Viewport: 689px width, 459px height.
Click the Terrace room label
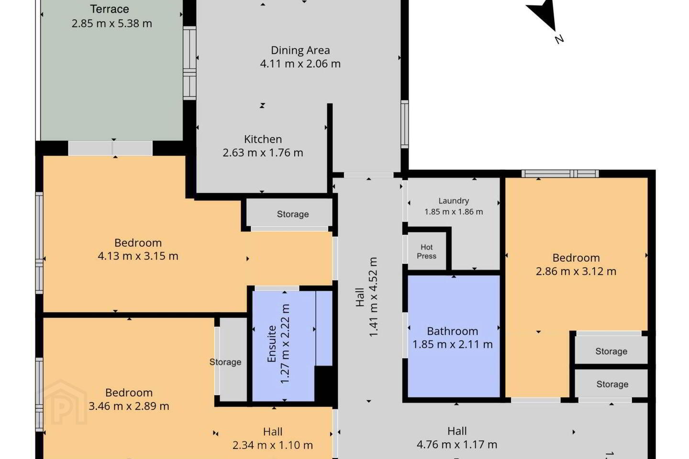[110, 9]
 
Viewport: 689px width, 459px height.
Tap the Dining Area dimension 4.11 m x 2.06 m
[300, 64]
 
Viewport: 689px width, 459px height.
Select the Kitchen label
[263, 139]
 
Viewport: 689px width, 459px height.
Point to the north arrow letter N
[559, 39]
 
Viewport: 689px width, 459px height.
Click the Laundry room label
[454, 201]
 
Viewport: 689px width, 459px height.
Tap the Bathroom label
[453, 331]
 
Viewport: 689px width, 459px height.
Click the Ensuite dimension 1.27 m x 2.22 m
[285, 344]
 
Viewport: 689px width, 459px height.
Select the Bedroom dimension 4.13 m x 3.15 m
[138, 256]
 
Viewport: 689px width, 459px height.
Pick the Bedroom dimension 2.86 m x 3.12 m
[576, 271]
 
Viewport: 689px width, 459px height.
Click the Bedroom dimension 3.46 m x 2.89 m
[129, 406]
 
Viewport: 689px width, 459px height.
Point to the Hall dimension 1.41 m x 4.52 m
[373, 297]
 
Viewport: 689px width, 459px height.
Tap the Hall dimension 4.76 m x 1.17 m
[457, 445]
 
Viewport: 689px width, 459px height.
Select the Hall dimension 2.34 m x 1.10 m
[273, 445]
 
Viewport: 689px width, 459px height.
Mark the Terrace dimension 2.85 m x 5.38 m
[111, 23]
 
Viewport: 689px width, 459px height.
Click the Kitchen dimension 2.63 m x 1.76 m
[263, 153]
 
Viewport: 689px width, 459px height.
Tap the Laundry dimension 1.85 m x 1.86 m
[454, 212]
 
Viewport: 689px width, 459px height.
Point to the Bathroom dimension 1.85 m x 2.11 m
[453, 344]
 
